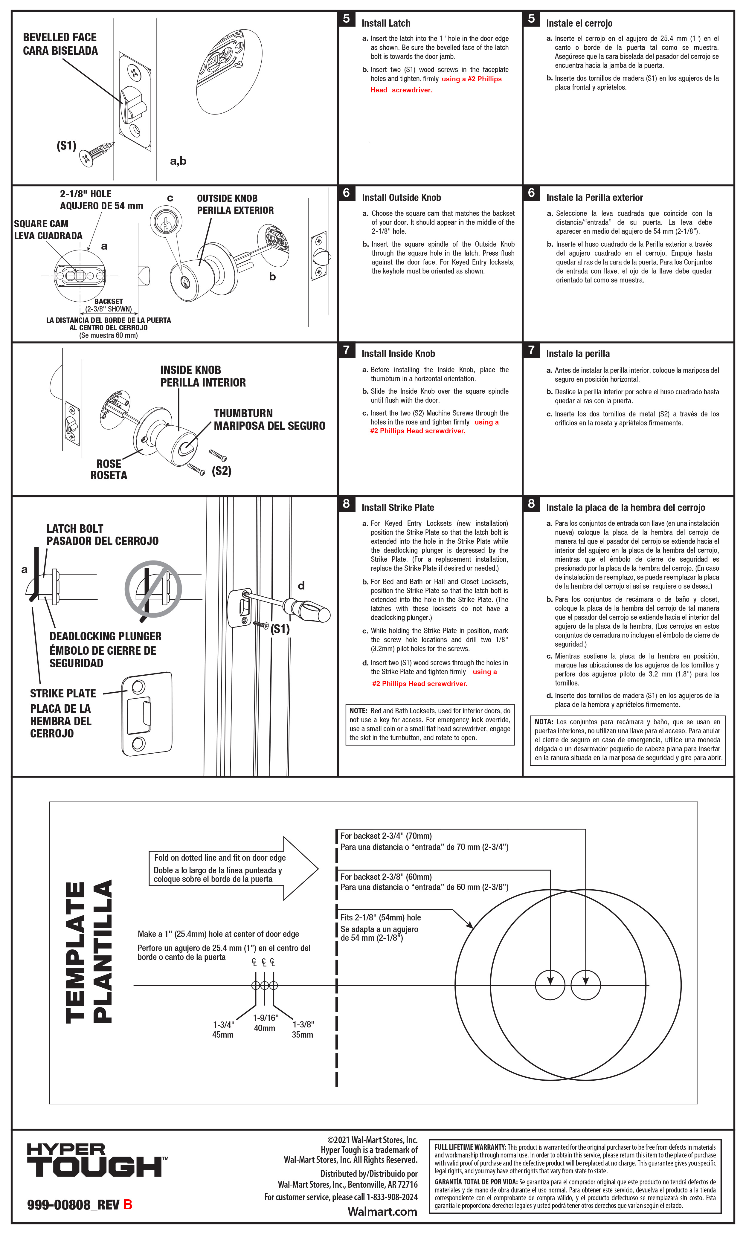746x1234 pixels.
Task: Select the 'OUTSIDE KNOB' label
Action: pos(227,198)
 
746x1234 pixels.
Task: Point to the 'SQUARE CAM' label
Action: pos(41,224)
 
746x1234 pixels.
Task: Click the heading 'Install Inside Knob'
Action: pos(398,354)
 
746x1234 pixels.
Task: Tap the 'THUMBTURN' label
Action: pos(243,413)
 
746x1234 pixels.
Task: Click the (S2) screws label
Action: pos(222,471)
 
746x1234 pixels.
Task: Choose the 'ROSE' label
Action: pos(109,464)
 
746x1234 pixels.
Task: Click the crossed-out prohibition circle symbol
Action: pos(153,589)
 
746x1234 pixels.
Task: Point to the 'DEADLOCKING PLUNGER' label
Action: pos(105,636)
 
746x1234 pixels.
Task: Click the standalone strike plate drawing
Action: pos(147,714)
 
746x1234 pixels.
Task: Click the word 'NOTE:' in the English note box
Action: pos(358,711)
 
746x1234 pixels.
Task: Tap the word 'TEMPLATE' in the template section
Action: pos(76,952)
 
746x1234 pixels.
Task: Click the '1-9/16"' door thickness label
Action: pos(265,1018)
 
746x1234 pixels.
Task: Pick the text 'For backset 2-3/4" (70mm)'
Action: pos(386,836)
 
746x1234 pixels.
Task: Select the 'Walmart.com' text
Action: pos(382,1212)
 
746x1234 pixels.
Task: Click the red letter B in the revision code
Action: pos(128,1204)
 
